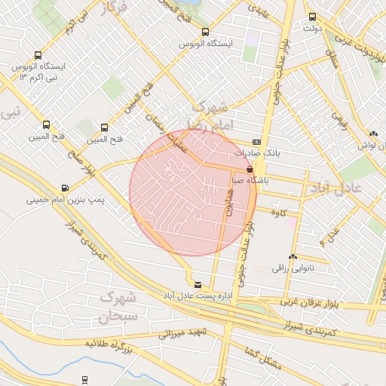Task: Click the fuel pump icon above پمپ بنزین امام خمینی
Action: [x=65, y=188]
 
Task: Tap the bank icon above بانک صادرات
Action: [x=256, y=141]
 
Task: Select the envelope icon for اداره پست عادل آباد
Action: [x=198, y=284]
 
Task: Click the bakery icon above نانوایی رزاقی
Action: [x=293, y=256]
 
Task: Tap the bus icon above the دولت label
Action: [x=311, y=17]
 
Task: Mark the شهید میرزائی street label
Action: [x=181, y=332]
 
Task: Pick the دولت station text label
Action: [x=312, y=29]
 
